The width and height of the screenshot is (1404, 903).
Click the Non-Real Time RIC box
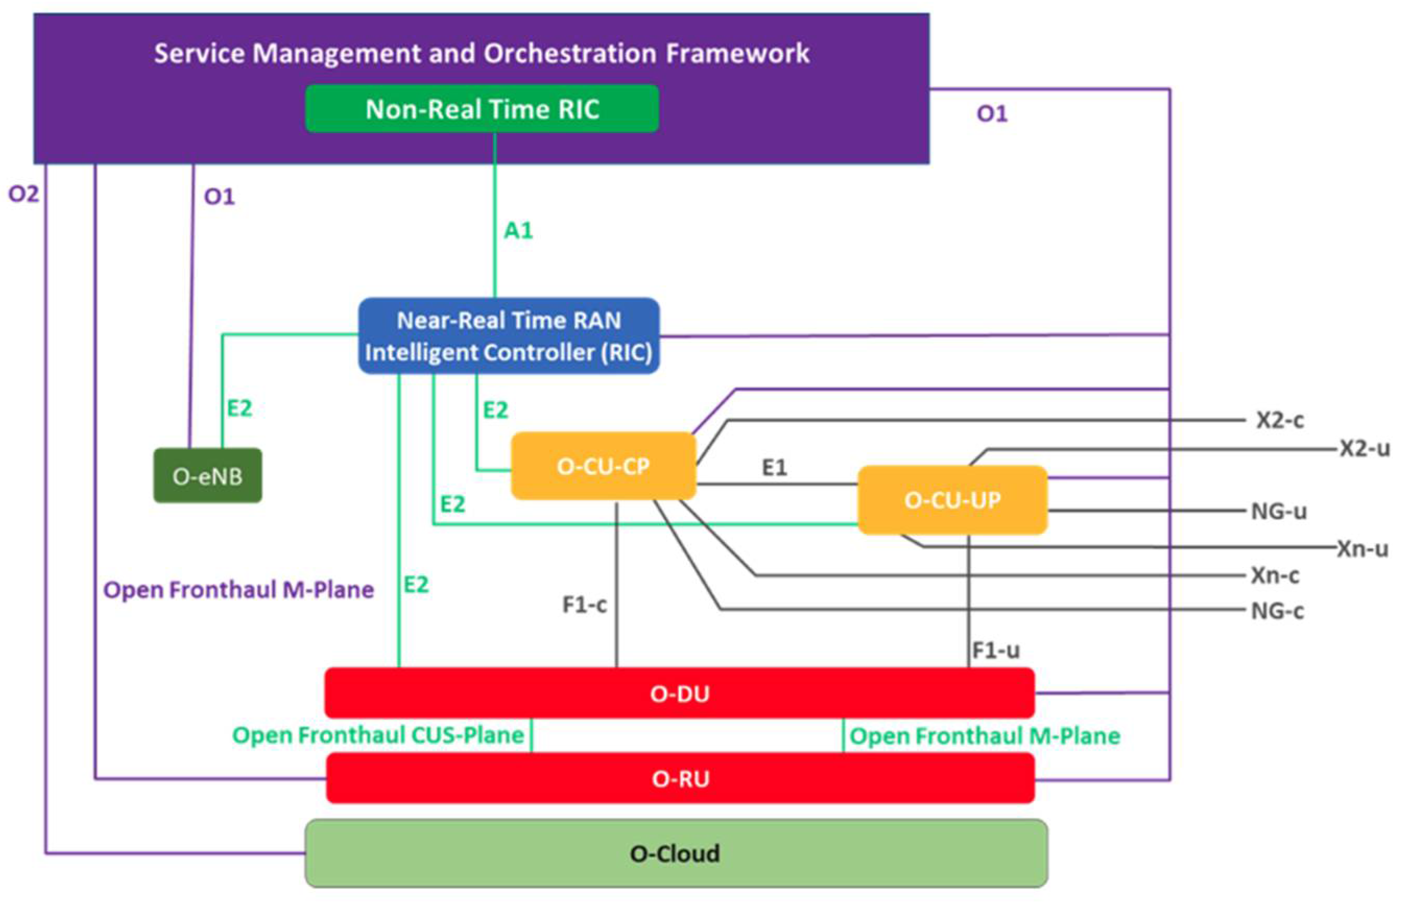click(482, 109)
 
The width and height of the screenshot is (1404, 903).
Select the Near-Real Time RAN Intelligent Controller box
click(509, 336)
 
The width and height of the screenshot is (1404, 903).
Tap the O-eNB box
click(208, 476)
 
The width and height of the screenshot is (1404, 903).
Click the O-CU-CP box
click(603, 466)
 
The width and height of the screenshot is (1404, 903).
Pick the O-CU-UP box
click(952, 500)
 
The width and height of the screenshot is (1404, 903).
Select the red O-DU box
click(679, 693)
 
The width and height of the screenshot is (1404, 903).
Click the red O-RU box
click(680, 779)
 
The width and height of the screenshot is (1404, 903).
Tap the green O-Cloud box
click(676, 853)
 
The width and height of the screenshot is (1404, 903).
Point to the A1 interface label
click(519, 231)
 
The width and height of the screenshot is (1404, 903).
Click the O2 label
click(23, 194)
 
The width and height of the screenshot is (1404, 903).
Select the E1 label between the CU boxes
click(774, 467)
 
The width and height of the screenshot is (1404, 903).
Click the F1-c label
click(584, 605)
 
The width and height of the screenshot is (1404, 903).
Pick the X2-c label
click(1280, 420)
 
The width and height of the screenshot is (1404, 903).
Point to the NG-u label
click(1278, 511)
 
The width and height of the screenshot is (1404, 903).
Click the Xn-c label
click(1275, 575)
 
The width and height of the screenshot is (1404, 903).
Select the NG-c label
click(1277, 611)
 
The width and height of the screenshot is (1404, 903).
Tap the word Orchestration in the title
click(569, 53)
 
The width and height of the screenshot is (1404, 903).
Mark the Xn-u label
click(1362, 549)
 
